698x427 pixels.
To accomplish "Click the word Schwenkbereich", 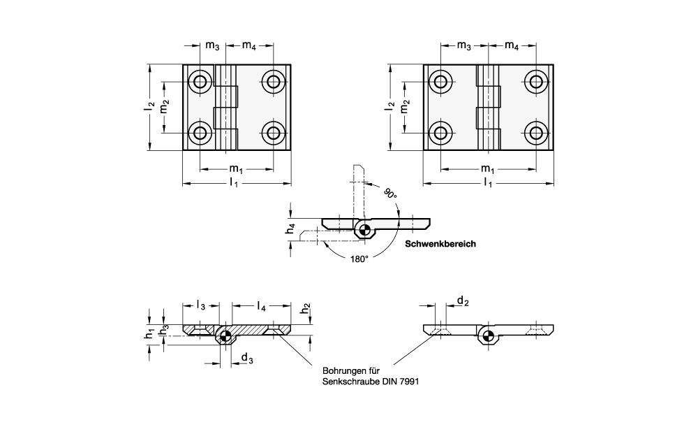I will point(440,244).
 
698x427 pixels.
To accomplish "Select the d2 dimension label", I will point(462,301).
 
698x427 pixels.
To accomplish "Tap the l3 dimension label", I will point(200,305).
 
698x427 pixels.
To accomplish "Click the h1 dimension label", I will point(149,336).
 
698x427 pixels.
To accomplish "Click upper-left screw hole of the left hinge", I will point(201,82).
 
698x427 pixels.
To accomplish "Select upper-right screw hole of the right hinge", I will point(537,82).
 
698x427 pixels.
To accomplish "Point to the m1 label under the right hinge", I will point(488,169).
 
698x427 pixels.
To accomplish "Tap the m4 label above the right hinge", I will point(512,45).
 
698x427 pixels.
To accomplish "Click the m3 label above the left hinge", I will point(212,45).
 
